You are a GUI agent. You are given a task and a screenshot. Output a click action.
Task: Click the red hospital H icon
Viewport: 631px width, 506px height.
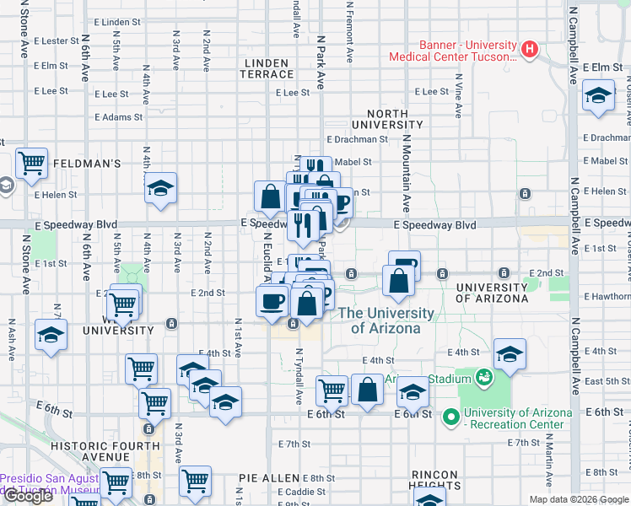pyautogui.click(x=530, y=49)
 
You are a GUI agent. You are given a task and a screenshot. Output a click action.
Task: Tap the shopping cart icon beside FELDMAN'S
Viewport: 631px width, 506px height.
pyautogui.click(x=32, y=163)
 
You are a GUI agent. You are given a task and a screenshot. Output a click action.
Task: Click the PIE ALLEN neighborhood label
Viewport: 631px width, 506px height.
pyautogui.click(x=269, y=478)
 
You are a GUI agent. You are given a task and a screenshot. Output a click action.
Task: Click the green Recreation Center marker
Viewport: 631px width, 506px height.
pyautogui.click(x=450, y=416)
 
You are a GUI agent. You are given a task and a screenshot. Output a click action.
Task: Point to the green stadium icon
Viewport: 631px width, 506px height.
pyautogui.click(x=484, y=377)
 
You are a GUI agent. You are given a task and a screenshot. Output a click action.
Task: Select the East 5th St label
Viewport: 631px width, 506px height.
pyautogui.click(x=606, y=381)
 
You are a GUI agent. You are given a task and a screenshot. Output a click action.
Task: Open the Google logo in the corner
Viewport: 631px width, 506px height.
pyautogui.click(x=27, y=496)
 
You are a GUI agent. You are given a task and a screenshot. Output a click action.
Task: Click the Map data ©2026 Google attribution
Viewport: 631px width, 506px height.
pyautogui.click(x=579, y=498)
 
